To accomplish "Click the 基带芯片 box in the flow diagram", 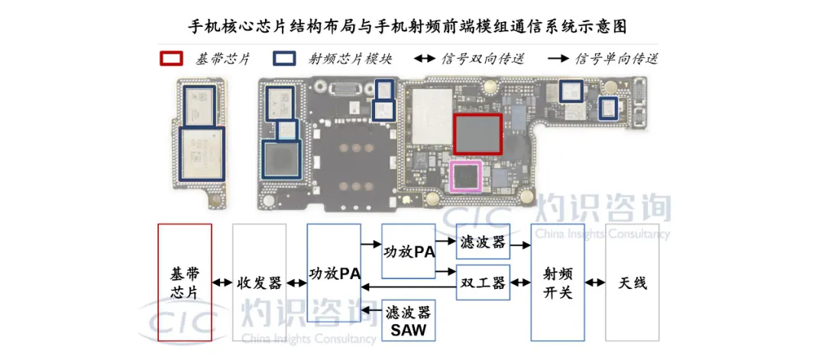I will (184, 282).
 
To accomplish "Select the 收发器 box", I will (259, 282).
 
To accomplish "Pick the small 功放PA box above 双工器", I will (409, 251).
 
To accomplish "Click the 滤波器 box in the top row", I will (483, 241).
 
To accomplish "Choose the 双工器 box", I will (483, 283).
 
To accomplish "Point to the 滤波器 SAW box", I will (409, 320).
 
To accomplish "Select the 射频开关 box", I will (557, 282).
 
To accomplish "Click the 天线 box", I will (632, 282).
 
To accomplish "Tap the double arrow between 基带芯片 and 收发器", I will (222, 283).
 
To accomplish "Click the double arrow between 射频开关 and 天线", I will (594, 283).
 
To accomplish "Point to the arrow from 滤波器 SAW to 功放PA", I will (372, 310).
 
